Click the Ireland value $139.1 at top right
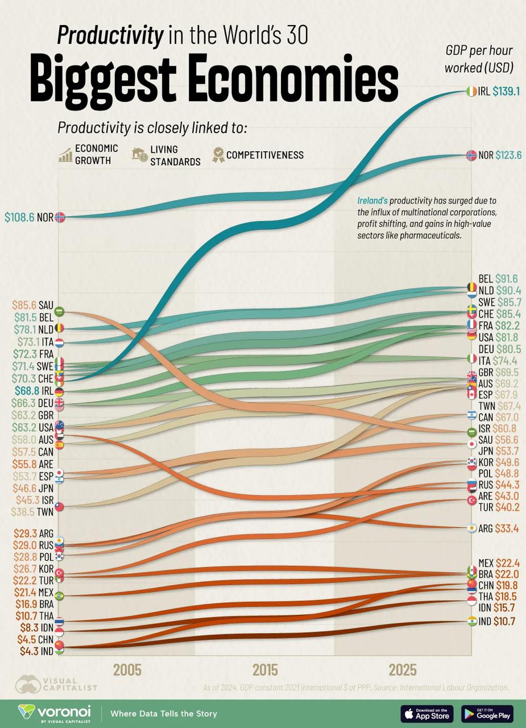pyautogui.click(x=506, y=91)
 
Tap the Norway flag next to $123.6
pyautogui.click(x=471, y=155)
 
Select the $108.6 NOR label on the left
pyautogui.click(x=28, y=217)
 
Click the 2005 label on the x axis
pyautogui.click(x=127, y=669)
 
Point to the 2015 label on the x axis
pyautogui.click(x=265, y=669)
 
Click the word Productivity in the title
pyautogui.click(x=110, y=36)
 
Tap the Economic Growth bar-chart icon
pyautogui.click(x=65, y=155)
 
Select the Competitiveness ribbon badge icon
pyautogui.click(x=218, y=155)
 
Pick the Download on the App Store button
pyautogui.click(x=427, y=713)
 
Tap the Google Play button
pyautogui.click(x=487, y=713)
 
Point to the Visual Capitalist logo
pyautogui.click(x=56, y=683)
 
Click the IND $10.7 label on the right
pyautogui.click(x=496, y=622)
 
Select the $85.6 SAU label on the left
pyautogui.click(x=34, y=305)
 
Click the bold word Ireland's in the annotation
pyautogui.click(x=372, y=200)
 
